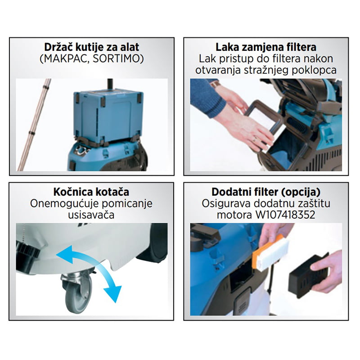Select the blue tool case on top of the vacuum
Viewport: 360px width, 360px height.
pyautogui.click(x=108, y=117)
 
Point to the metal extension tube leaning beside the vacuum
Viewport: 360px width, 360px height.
pyautogui.click(x=34, y=125)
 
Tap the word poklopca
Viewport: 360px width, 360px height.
pyautogui.click(x=314, y=71)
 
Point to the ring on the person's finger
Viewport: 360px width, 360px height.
pyautogui.click(x=254, y=139)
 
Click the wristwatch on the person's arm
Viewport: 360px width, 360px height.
pyautogui.click(x=216, y=84)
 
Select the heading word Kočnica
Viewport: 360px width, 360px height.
pyautogui.click(x=71, y=192)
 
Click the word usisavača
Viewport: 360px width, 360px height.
pyautogui.click(x=91, y=215)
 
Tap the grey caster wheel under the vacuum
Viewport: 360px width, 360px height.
pyautogui.click(x=78, y=291)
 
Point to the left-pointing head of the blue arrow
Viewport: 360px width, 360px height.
pyautogui.click(x=64, y=254)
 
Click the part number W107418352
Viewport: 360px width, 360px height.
pyautogui.click(x=285, y=215)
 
